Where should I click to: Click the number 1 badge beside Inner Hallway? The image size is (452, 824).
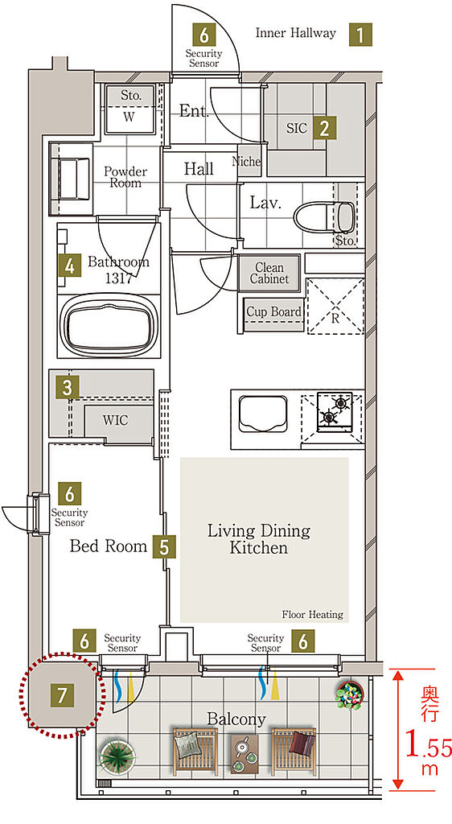pos(360,34)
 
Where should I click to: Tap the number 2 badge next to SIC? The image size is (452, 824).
pos(324,128)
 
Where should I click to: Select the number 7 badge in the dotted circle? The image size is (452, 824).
pos(62,696)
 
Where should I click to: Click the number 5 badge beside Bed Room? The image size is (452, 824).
pos(164,546)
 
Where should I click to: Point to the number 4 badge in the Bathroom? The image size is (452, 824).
pos(69,266)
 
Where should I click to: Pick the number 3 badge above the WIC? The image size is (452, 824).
pos(68,389)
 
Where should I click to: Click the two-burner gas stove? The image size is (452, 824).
pos(334,410)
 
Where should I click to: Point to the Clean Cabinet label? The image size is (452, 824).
pos(269,274)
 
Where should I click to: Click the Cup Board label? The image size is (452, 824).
pos(274,311)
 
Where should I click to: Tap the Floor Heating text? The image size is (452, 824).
pos(312,614)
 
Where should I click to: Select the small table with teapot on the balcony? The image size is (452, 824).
pos(244,752)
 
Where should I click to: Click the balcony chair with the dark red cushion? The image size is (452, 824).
pos(294,752)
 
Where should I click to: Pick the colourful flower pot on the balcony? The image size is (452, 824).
pos(350,694)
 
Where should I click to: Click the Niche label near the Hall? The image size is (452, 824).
pos(246,162)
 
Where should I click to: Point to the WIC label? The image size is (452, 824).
pos(115,420)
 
